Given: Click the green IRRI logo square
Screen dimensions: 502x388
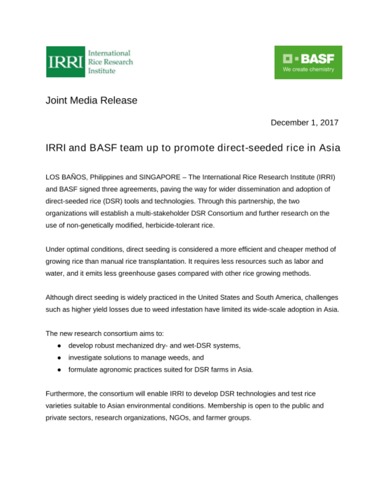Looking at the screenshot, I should [66, 62].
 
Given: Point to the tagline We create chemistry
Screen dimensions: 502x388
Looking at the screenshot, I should [308, 70].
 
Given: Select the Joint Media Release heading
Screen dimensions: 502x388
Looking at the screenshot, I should [91, 100].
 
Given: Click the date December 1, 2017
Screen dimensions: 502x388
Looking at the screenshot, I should [304, 122].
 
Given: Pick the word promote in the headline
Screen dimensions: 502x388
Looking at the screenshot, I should [194, 148].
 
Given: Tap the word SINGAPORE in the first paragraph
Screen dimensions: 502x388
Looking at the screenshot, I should [159, 177].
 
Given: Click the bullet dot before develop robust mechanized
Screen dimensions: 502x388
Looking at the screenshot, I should [59, 346].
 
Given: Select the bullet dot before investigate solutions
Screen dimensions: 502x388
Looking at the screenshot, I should [59, 358].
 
